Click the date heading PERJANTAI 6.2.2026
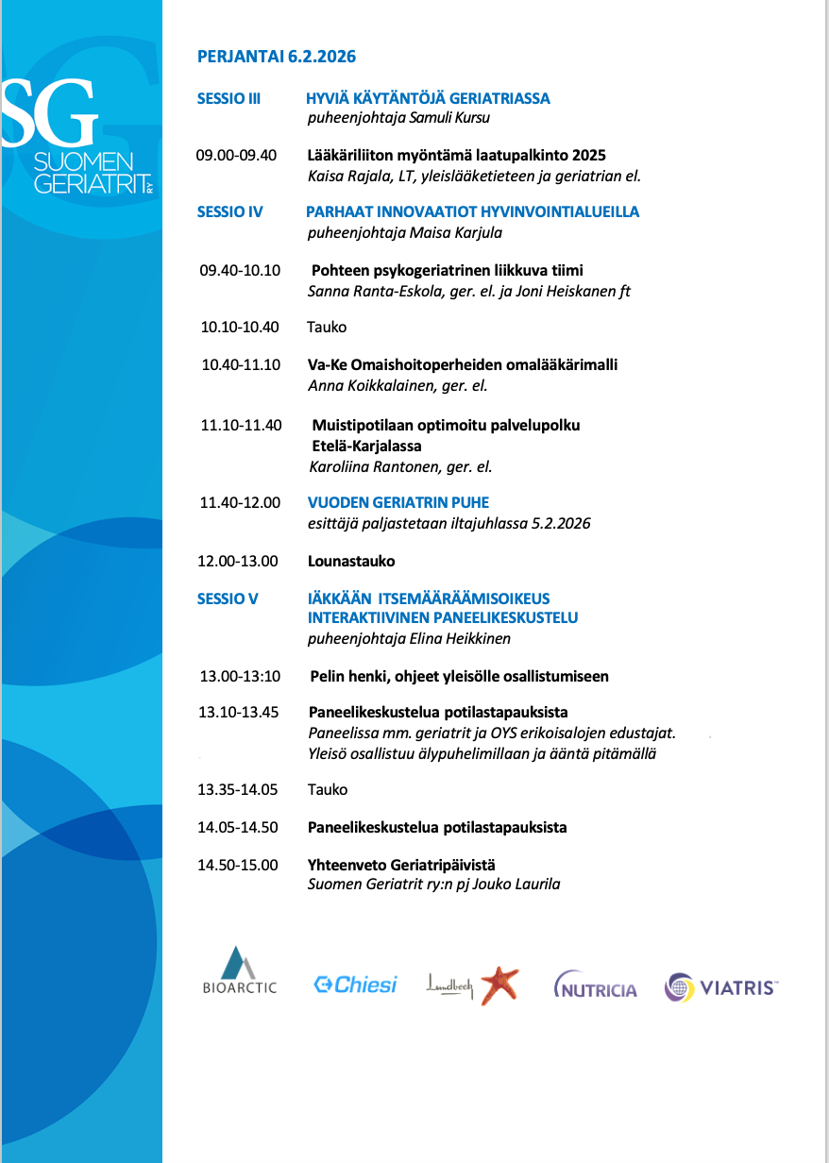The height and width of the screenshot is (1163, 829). (276, 57)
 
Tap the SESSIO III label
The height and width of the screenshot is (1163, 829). (228, 98)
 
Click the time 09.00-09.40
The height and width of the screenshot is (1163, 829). (236, 155)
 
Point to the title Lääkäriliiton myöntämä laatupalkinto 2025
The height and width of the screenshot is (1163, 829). (456, 155)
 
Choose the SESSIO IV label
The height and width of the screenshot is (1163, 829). (229, 211)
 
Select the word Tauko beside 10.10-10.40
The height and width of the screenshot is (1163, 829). (327, 327)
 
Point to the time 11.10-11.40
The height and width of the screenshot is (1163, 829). (241, 425)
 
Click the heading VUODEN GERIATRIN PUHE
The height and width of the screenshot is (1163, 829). (398, 502)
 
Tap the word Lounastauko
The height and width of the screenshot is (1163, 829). (351, 561)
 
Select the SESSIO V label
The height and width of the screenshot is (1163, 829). (228, 598)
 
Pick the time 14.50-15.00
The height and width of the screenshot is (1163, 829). (239, 865)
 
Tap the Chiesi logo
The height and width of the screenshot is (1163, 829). (355, 985)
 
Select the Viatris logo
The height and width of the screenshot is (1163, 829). (721, 987)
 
